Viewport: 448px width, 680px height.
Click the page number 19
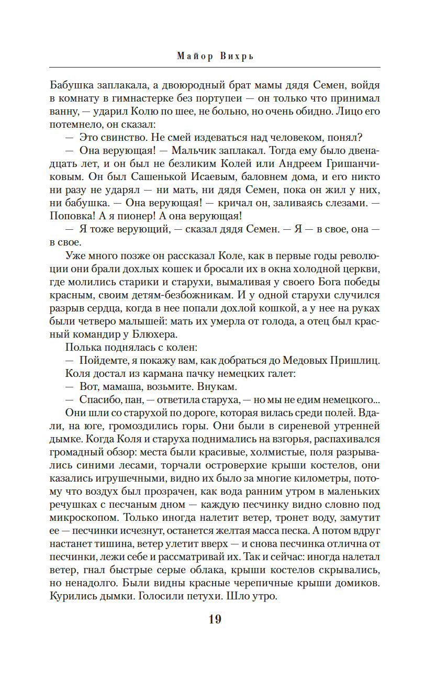pos(215,619)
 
